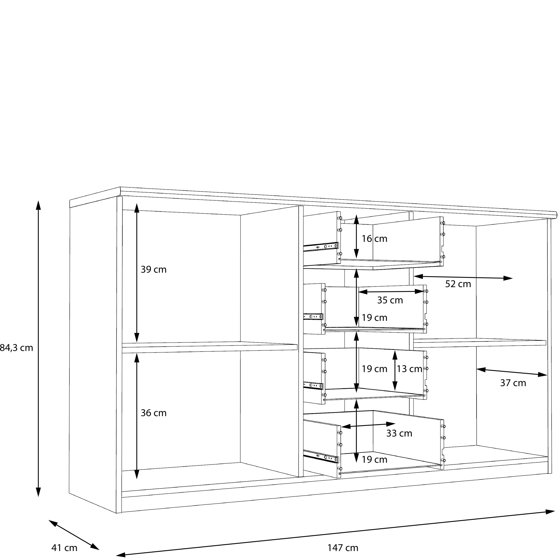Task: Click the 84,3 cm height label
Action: pos(16,348)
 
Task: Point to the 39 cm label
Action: pos(153,270)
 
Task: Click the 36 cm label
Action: pos(153,413)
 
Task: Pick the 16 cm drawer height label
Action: pos(374,239)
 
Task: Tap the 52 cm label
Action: pos(458,284)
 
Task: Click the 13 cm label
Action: pos(409,369)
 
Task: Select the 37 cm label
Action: pos(513,383)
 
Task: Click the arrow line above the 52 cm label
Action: pos(463,277)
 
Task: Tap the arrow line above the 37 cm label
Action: pos(511,372)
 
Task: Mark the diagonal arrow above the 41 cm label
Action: pos(74,535)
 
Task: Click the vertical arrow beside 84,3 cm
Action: pos(38,348)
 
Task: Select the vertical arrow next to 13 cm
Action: pos(395,371)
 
